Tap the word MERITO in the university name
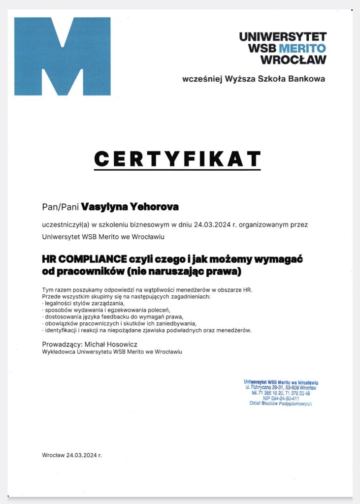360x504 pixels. point(302,48)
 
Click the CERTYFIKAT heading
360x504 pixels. point(177,158)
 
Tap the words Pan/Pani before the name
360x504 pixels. point(61,207)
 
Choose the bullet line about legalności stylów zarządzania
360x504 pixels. point(83,304)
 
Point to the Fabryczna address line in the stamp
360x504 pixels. point(281,388)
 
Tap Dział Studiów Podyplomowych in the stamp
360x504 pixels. point(281,404)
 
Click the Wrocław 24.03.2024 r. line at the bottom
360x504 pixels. point(72,455)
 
